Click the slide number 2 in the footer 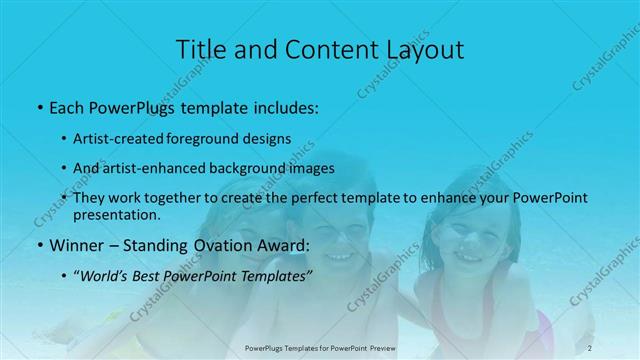tap(590, 347)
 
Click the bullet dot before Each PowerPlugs tap(39, 106)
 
